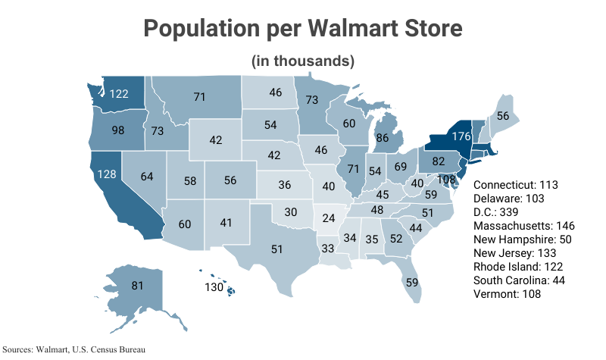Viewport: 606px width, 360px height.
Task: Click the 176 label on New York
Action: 462,137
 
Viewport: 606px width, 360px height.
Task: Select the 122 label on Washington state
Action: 119,94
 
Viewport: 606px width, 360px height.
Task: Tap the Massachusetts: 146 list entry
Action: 523,226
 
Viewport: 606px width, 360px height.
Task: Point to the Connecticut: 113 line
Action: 515,185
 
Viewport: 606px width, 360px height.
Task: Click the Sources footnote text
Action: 74,349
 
